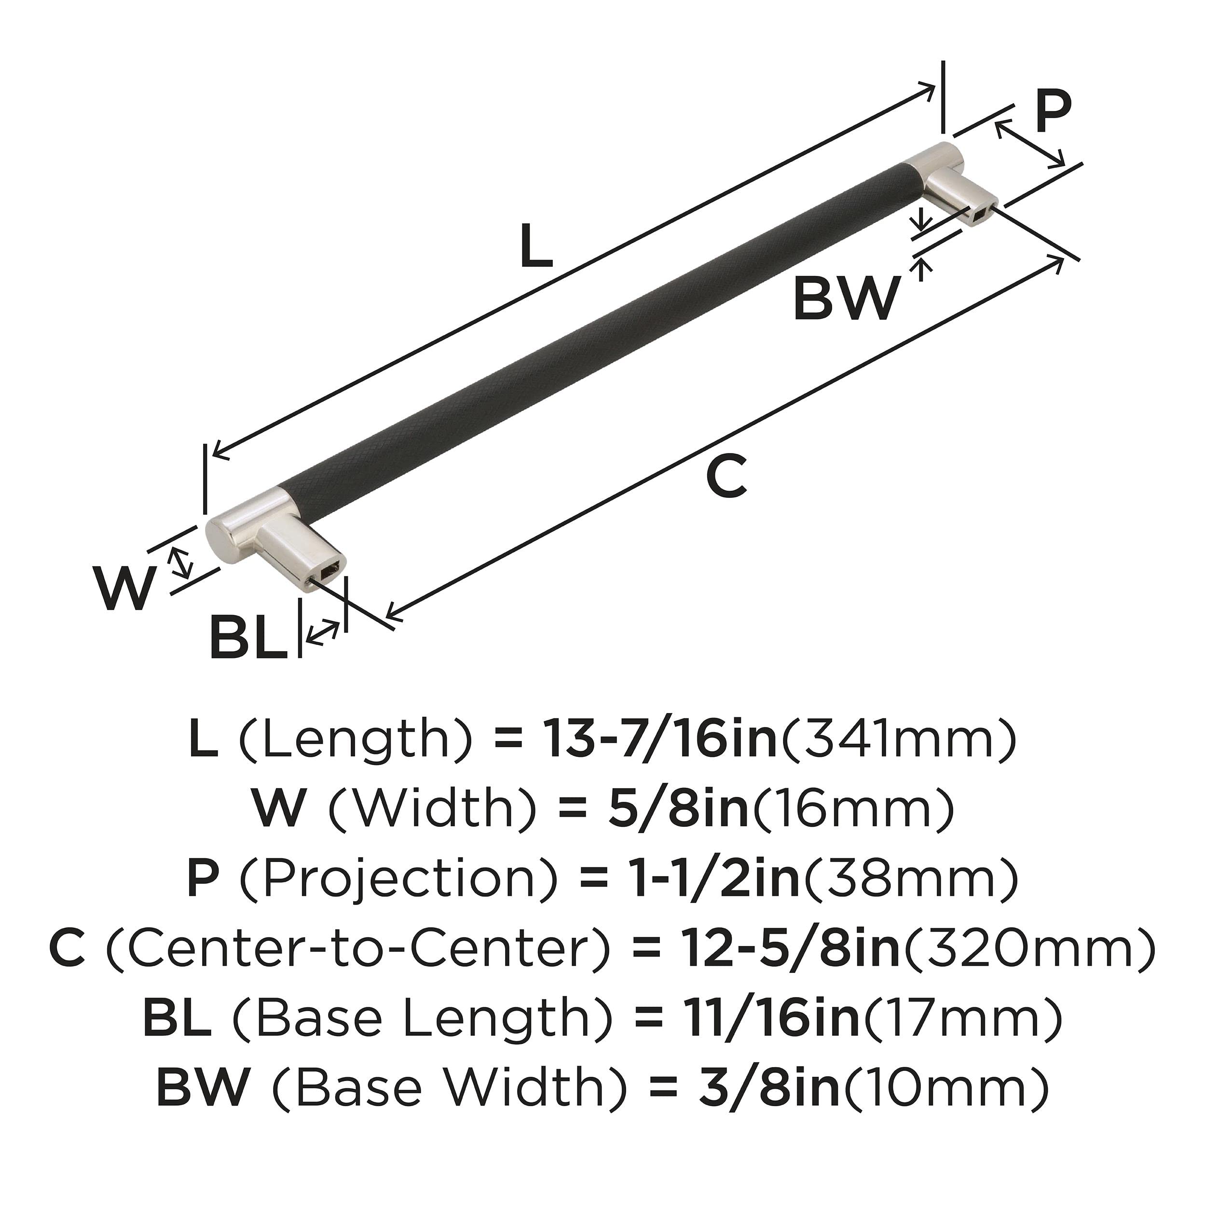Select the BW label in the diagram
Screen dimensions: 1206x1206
[x=847, y=299]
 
